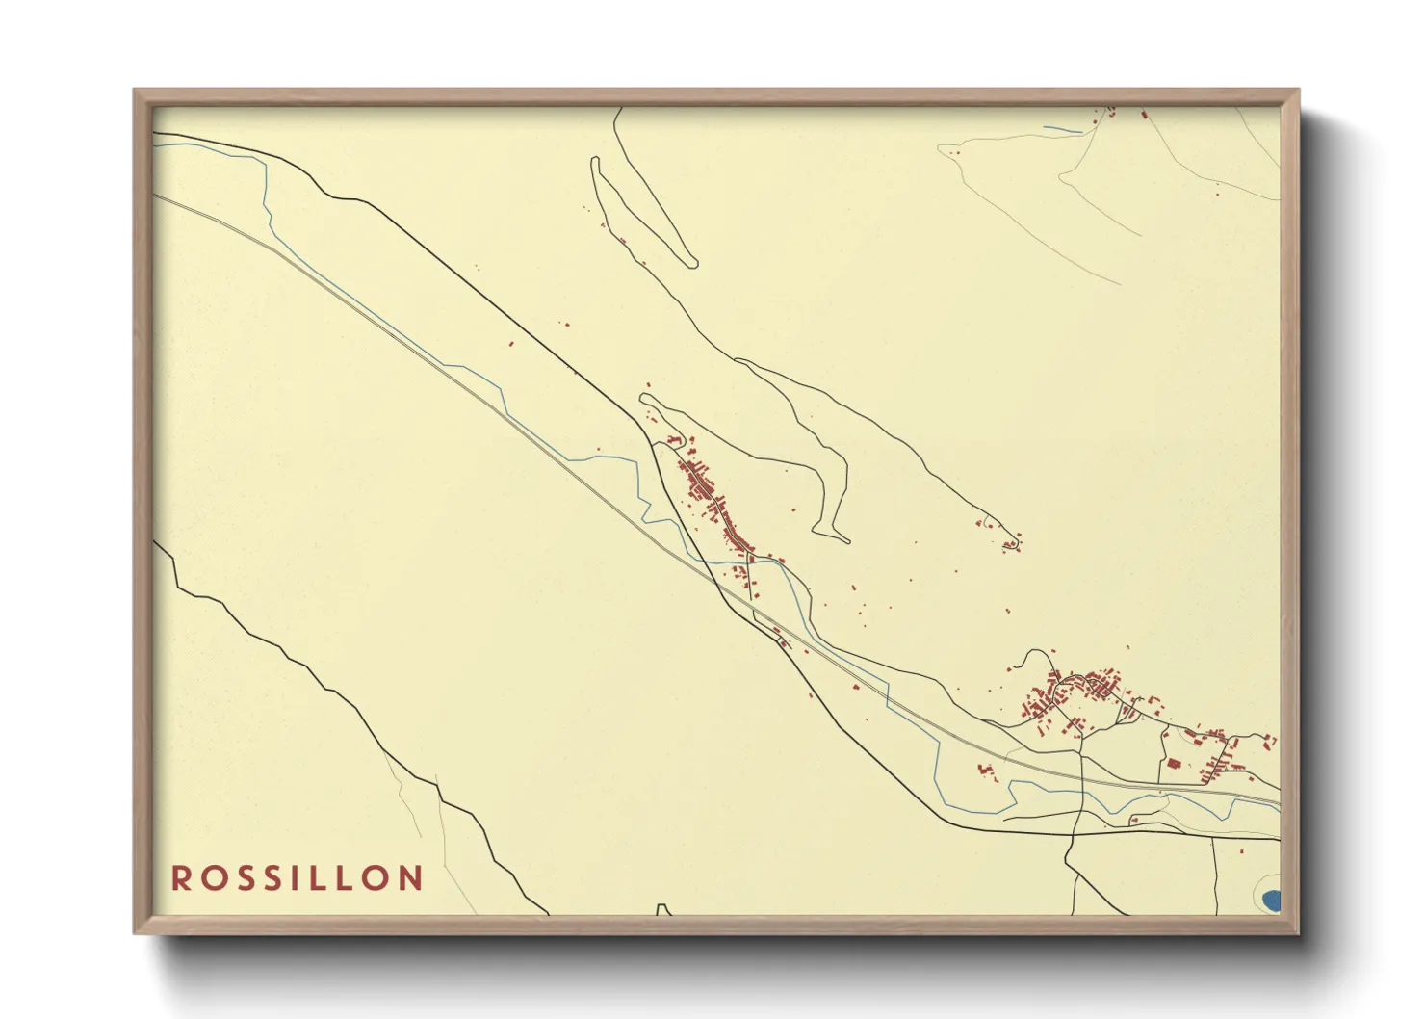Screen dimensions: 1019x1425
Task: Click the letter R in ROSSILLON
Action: tap(180, 878)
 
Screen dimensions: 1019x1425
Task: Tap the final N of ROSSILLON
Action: tap(412, 878)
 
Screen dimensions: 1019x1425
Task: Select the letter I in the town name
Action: tap(294, 878)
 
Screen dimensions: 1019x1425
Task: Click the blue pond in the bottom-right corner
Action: tap(1271, 901)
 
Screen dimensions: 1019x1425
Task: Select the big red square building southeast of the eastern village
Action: tap(1174, 763)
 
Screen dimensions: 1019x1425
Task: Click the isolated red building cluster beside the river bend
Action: tap(984, 771)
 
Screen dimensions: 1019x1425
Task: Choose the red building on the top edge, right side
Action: tap(1144, 114)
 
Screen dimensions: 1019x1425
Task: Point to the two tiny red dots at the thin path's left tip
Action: tap(955, 151)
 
